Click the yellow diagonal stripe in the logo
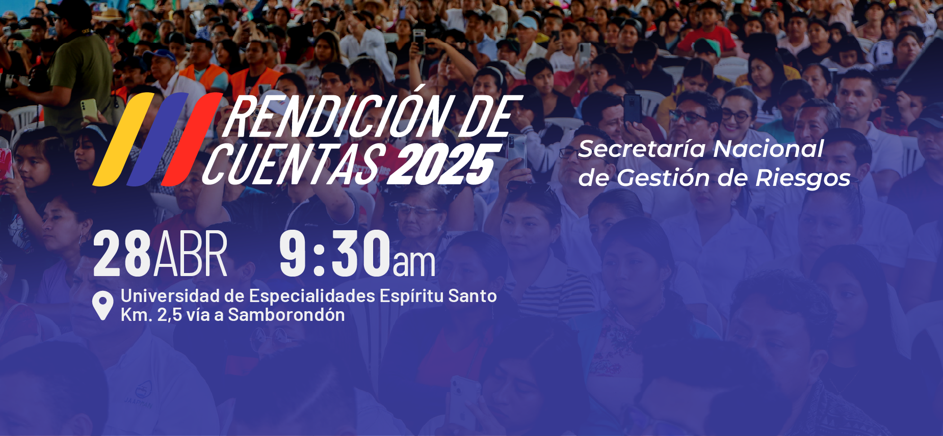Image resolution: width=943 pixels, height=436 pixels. (122, 139)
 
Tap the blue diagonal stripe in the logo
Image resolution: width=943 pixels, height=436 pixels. (157, 139)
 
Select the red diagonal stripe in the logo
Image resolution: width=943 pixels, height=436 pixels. (192, 139)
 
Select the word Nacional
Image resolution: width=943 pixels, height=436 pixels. (768, 149)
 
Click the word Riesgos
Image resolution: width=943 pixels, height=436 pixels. (803, 178)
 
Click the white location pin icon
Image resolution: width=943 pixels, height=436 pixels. (102, 305)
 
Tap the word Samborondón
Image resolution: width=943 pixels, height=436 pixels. (286, 315)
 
